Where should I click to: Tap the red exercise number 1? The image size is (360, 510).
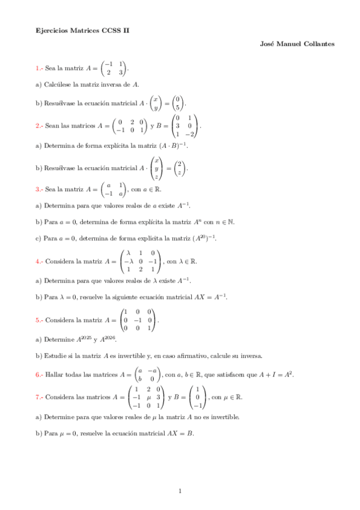[x=38, y=69]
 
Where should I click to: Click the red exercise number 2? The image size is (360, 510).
[x=38, y=126]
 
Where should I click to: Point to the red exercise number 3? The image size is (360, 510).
[x=38, y=189]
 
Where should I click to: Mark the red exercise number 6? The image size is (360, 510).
[x=38, y=375]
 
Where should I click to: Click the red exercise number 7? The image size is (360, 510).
[x=38, y=398]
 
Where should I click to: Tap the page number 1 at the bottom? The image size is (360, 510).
[x=180, y=492]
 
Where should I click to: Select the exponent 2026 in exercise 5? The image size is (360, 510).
[x=110, y=337]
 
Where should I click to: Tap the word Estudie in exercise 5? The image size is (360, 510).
[x=55, y=355]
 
